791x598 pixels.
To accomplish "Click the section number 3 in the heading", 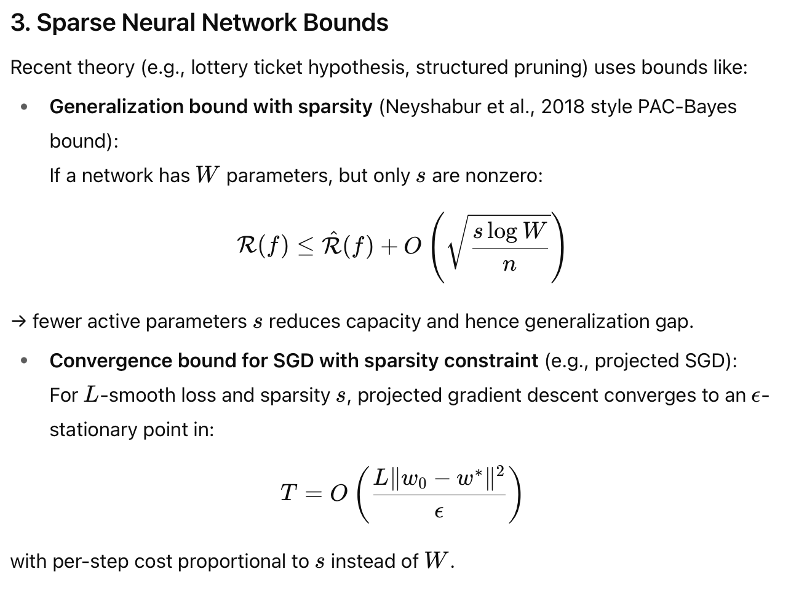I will [19, 23].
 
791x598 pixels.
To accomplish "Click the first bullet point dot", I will [24, 107].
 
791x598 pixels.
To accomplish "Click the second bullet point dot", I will [24, 361].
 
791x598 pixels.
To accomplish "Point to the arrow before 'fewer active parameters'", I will [18, 322].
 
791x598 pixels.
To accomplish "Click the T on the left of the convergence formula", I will [288, 493].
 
